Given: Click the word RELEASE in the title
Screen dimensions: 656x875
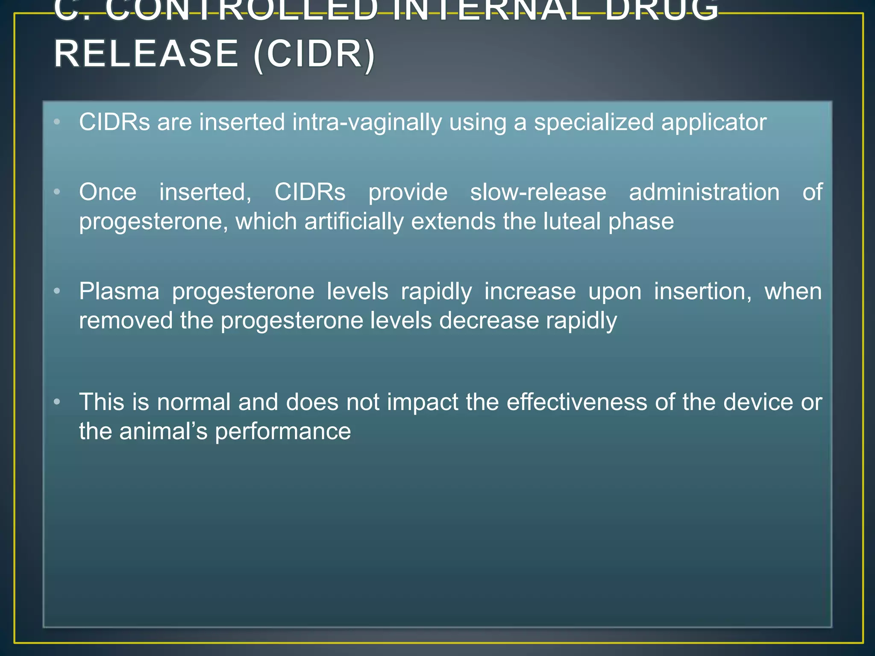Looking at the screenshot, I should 146,54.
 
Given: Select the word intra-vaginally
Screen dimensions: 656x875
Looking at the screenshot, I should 367,123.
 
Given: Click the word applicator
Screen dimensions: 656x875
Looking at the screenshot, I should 714,123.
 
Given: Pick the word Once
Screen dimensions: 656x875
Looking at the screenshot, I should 108,192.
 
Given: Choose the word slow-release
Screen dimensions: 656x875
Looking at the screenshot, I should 538,192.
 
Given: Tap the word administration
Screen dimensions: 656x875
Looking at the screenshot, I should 704,192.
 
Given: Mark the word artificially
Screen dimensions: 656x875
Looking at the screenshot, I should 354,222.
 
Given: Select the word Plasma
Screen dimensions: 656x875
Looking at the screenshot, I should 119,292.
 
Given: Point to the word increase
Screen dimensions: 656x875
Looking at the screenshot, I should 530,292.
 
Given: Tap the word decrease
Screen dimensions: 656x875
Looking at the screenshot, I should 489,321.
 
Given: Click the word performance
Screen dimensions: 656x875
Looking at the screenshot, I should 283,431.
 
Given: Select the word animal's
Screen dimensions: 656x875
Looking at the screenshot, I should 163,431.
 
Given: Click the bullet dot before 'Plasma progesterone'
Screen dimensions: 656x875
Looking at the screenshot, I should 57,292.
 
